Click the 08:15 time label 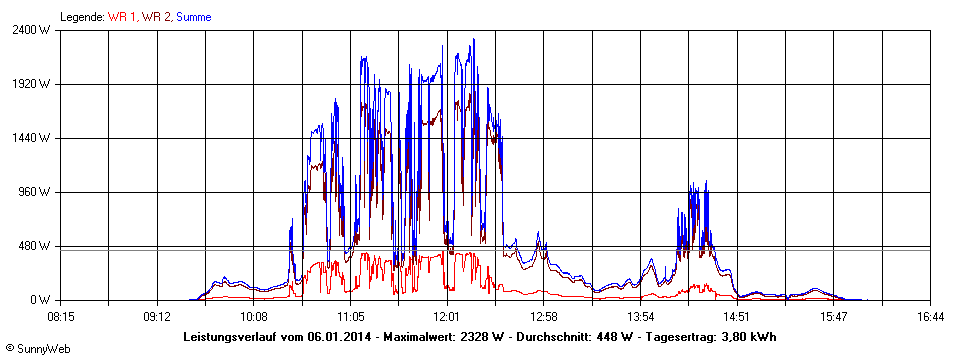[61, 316]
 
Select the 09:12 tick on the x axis [158, 316]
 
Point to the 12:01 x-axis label [447, 316]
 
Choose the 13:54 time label [641, 316]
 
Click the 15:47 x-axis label [834, 316]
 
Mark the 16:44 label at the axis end [930, 316]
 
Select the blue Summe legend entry [193, 17]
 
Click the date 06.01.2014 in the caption [337, 336]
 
